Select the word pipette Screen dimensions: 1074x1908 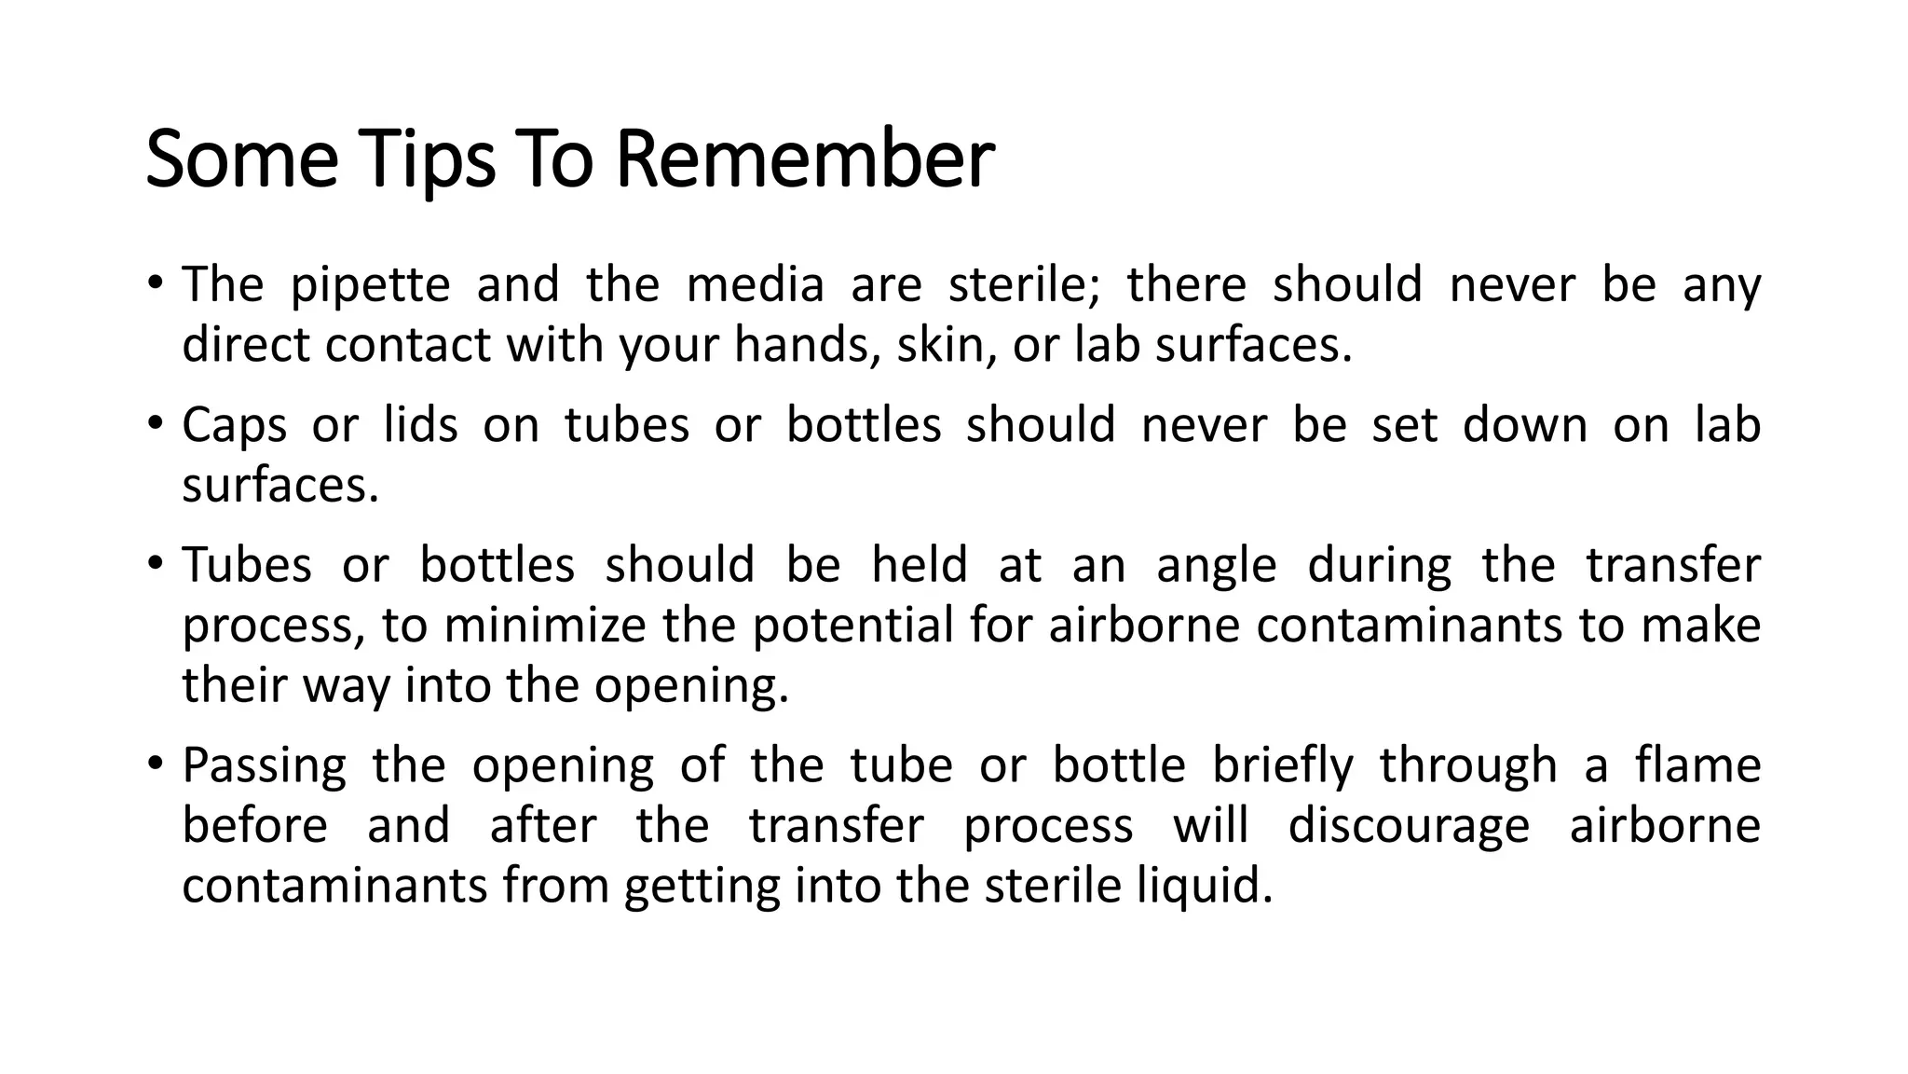(370, 285)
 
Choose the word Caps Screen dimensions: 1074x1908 (234, 426)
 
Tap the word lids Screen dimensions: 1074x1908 (421, 425)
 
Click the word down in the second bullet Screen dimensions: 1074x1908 (1524, 425)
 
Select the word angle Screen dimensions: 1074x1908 (1216, 567)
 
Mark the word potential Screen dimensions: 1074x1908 (852, 626)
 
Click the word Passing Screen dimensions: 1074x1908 (264, 767)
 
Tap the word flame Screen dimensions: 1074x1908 (1697, 765)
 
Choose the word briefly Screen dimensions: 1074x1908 (1282, 766)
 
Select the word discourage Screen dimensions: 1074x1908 (1408, 827)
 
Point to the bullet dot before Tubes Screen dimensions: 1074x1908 (156, 563)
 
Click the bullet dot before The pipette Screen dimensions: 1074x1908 (156, 282)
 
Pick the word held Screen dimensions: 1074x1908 (919, 565)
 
